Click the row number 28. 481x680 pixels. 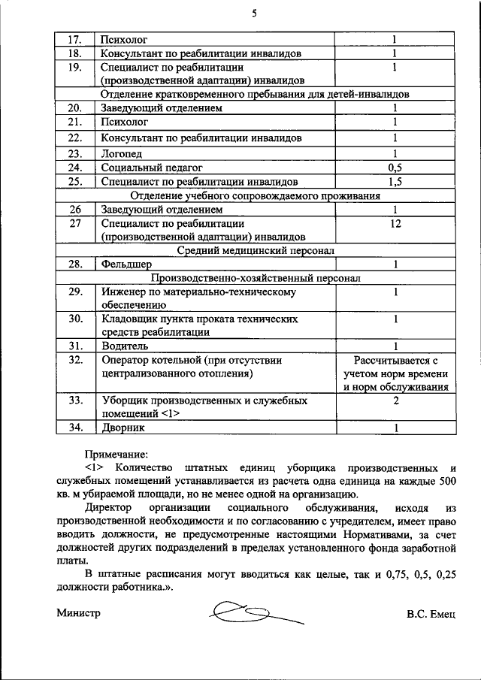pos(74,264)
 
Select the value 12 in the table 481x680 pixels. pos(395,223)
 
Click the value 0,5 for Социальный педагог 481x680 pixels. pos(395,168)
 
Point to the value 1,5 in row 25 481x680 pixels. pos(395,182)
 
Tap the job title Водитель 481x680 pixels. pos(125,346)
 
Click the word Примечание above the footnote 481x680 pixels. pos(116,455)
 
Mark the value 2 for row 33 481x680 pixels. pos(395,400)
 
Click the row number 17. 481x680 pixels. pos(74,38)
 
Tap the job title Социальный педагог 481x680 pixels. pos(152,168)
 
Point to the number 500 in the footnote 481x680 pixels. pos(446,480)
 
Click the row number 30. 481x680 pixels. pos(74,319)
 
